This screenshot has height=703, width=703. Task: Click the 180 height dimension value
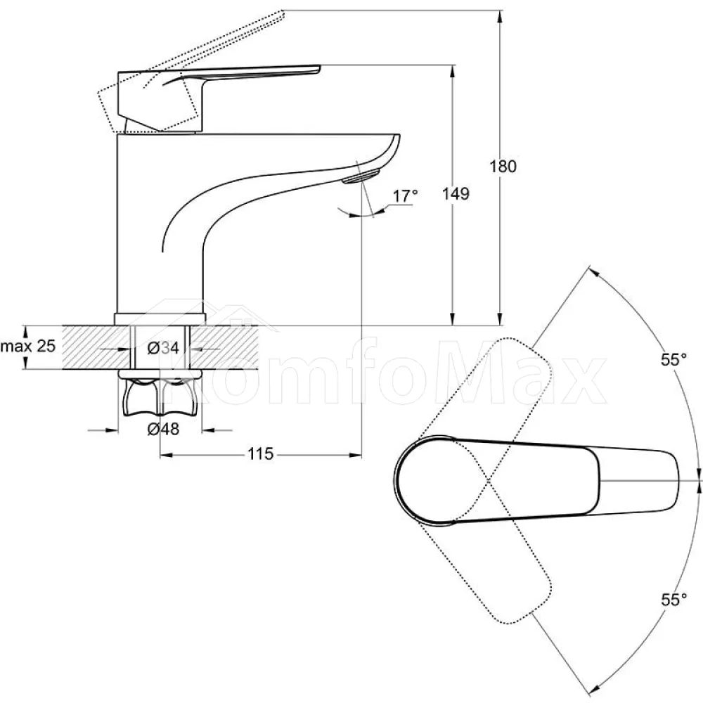[503, 167]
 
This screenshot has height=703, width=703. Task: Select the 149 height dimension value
[456, 194]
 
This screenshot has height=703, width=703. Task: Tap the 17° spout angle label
[405, 196]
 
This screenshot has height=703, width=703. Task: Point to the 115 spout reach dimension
[261, 454]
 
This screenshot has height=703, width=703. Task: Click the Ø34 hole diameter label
[163, 347]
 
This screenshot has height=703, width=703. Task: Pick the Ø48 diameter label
[163, 430]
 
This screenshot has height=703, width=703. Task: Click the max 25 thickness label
[28, 346]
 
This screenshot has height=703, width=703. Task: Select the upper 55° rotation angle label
[673, 359]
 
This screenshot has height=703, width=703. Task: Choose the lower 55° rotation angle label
[673, 599]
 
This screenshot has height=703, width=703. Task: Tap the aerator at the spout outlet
[361, 175]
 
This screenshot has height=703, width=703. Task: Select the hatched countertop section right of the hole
[225, 347]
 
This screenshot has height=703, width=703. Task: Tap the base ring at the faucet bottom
[160, 318]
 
